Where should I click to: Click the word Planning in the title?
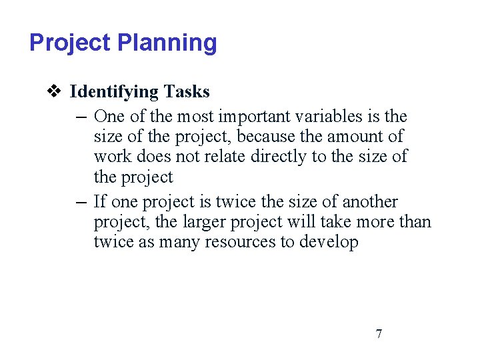point(167,43)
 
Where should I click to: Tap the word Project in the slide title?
point(70,43)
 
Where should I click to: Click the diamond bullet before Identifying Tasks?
point(55,91)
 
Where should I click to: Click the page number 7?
point(379,333)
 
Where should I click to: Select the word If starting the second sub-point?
point(100,201)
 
